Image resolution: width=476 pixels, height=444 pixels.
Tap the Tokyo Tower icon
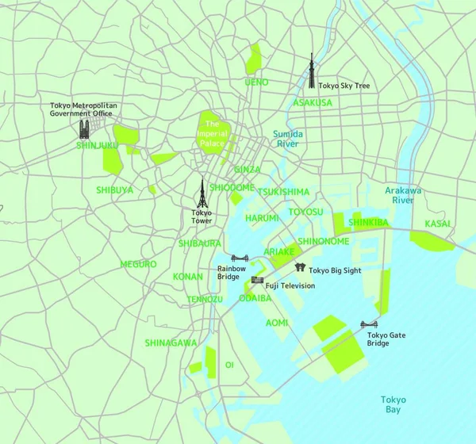[202, 193]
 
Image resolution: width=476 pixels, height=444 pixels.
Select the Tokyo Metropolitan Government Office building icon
[84, 128]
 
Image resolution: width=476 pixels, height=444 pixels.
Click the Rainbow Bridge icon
[240, 258]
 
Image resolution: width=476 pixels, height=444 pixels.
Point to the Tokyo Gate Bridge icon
[369, 325]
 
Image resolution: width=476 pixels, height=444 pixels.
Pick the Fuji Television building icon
[257, 280]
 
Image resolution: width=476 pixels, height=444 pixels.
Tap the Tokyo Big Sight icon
[300, 268]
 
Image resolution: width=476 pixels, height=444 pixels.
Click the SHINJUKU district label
[98, 146]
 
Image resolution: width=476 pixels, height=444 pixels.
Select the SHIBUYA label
[115, 190]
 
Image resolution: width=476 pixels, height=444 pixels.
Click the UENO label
[256, 82]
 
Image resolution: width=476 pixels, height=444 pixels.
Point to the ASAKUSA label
[313, 103]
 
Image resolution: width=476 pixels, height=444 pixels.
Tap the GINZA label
[247, 170]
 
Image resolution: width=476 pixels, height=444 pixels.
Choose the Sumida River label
[287, 140]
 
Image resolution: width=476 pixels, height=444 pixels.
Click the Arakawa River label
[403, 196]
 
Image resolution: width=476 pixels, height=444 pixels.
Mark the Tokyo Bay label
[393, 405]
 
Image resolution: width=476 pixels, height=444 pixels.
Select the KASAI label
[439, 224]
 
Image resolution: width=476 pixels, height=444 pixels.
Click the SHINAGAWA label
[171, 343]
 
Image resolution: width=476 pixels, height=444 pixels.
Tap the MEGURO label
[138, 264]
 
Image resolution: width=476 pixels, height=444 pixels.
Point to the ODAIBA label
[255, 298]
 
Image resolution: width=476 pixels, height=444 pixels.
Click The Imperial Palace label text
[212, 134]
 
